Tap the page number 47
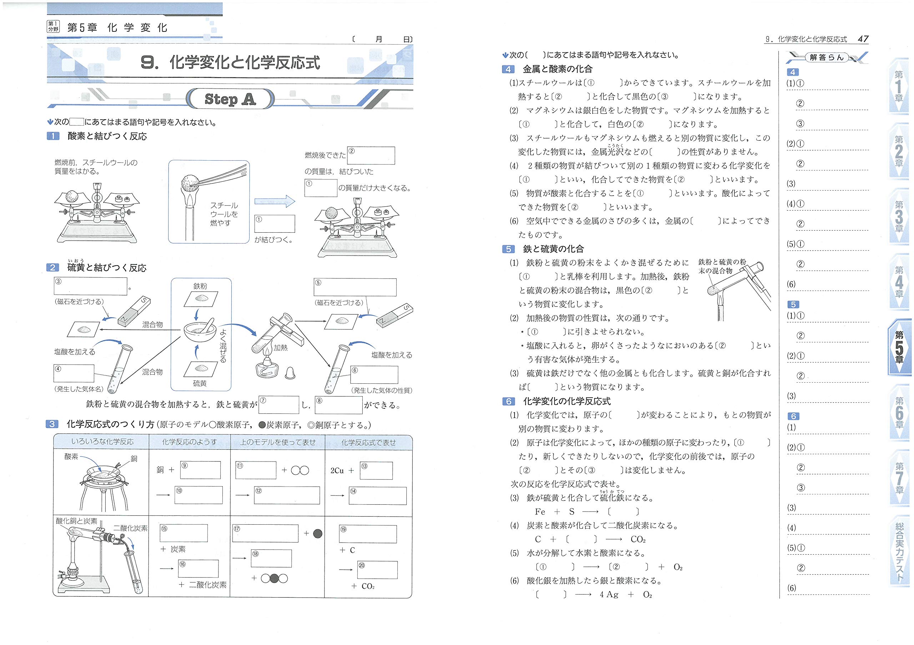pos(863,39)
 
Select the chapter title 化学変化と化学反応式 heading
pos(230,62)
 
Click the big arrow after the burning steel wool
pos(275,201)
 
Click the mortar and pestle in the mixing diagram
pos(200,330)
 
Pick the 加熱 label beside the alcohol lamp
pos(280,348)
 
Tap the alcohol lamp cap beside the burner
pos(290,373)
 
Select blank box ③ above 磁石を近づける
pos(90,286)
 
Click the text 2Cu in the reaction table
pos(337,470)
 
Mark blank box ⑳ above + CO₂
pos(377,570)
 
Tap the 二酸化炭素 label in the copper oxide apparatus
pos(130,528)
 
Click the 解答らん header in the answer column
pos(827,58)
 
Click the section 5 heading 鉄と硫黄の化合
pos(553,249)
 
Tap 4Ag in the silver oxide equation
pos(609,594)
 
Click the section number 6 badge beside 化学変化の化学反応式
pos(508,402)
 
